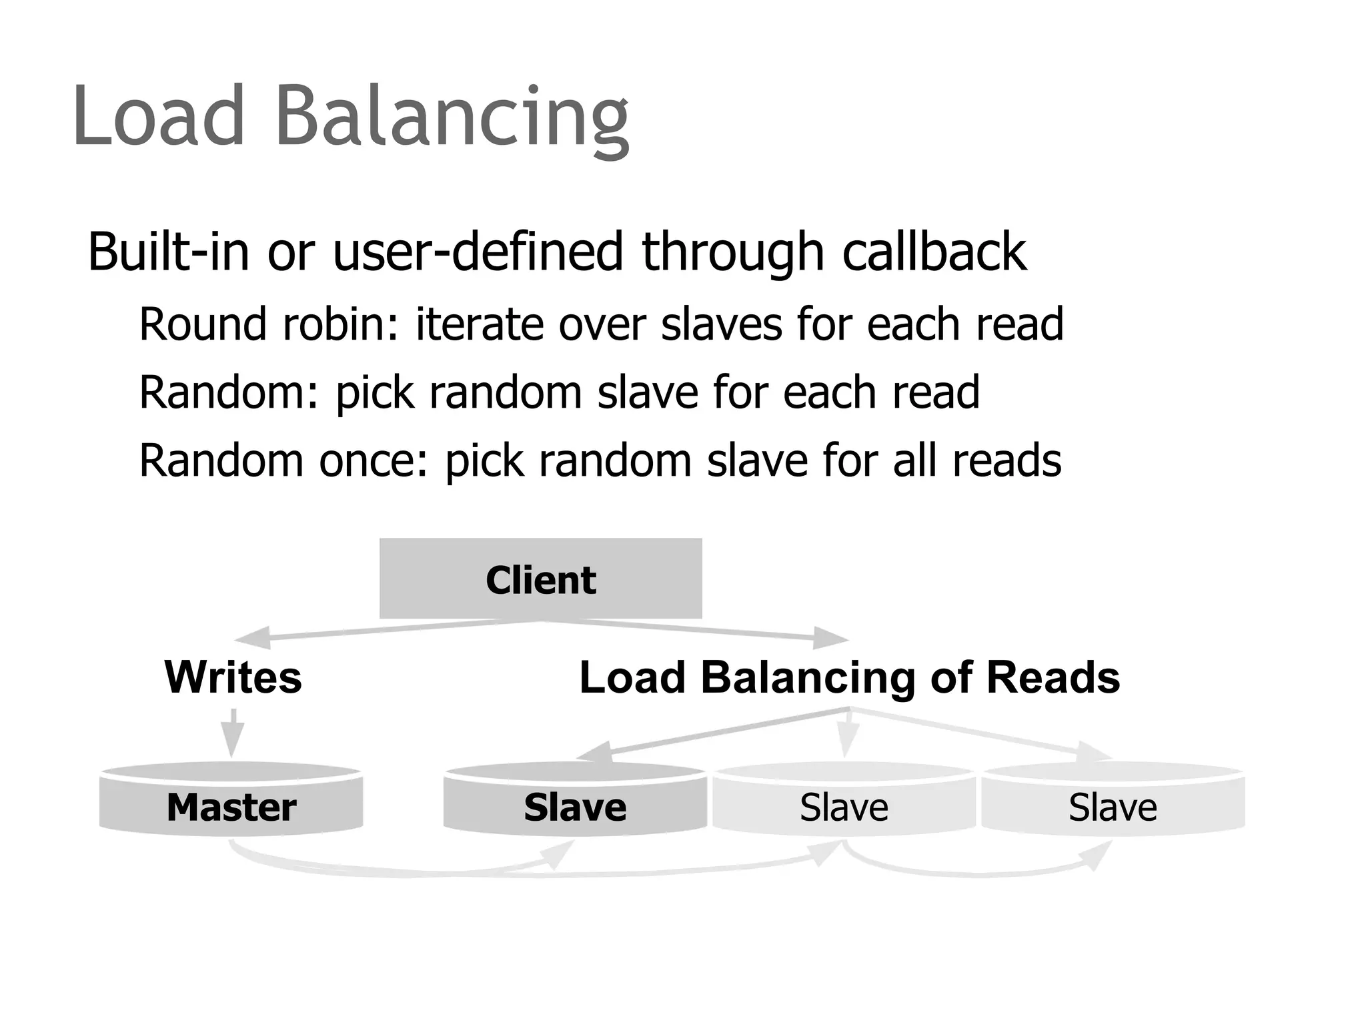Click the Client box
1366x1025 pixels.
click(540, 579)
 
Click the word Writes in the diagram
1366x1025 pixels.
click(233, 677)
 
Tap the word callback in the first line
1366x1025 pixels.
click(934, 252)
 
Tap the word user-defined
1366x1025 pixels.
click(478, 252)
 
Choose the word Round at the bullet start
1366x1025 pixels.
click(203, 324)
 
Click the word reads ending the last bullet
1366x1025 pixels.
click(1006, 460)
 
